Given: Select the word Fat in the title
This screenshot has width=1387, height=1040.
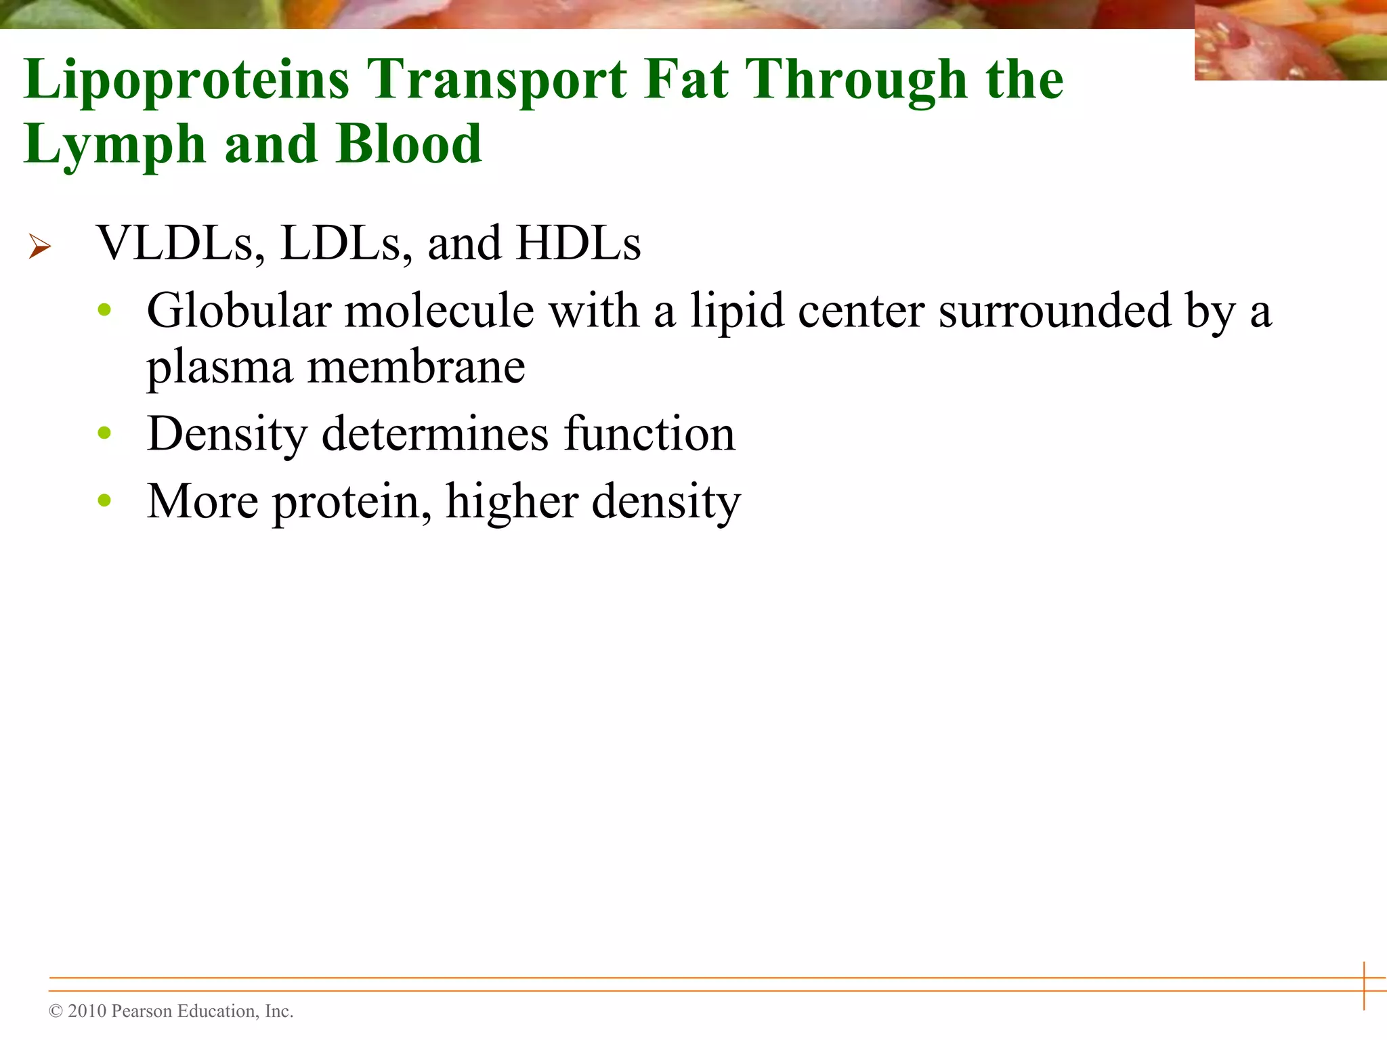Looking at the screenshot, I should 685,80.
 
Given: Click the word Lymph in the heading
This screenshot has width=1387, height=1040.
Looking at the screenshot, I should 114,146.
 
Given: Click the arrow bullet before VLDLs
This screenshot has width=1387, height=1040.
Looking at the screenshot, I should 40,246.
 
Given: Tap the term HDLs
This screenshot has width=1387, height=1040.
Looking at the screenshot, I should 578,243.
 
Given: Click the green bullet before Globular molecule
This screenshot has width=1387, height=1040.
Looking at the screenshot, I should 104,310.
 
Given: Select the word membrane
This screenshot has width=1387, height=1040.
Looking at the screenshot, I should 416,368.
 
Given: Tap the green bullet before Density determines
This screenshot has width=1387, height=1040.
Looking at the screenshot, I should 104,433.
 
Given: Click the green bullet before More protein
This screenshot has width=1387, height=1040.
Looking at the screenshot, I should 104,500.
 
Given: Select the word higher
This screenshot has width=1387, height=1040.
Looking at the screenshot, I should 511,502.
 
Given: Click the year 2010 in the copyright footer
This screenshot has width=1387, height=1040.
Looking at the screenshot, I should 87,1011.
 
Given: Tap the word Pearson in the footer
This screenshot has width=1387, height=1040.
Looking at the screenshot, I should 141,1011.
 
